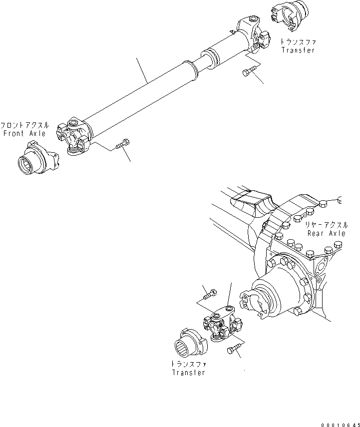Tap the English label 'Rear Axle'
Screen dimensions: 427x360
coord(327,233)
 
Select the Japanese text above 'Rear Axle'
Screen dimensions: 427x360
coord(328,225)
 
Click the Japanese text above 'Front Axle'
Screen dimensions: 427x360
coord(24,125)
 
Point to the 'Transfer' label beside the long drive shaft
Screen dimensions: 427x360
coord(298,50)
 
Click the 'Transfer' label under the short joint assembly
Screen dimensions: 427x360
coord(188,373)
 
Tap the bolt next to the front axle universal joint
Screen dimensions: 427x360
coord(122,145)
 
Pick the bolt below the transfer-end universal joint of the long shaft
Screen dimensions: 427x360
coord(248,73)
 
